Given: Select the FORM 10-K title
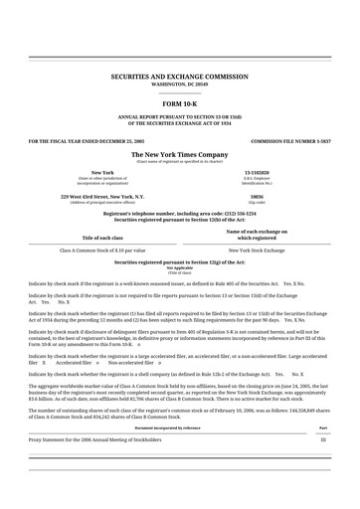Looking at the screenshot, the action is [x=180, y=104].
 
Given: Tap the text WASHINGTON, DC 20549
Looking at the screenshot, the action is [x=180, y=85].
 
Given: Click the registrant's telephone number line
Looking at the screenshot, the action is [x=180, y=213].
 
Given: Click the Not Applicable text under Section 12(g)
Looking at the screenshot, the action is [x=180, y=267].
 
